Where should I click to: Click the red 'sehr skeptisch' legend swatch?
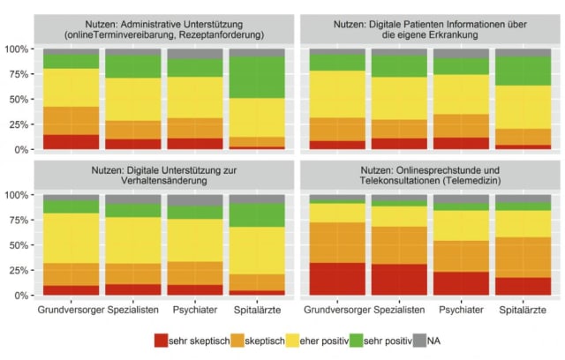162,340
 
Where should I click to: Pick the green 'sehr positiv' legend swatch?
380,340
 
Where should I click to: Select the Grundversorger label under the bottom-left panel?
71,310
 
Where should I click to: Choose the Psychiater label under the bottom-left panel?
193,310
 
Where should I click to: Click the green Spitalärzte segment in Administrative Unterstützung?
256,77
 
